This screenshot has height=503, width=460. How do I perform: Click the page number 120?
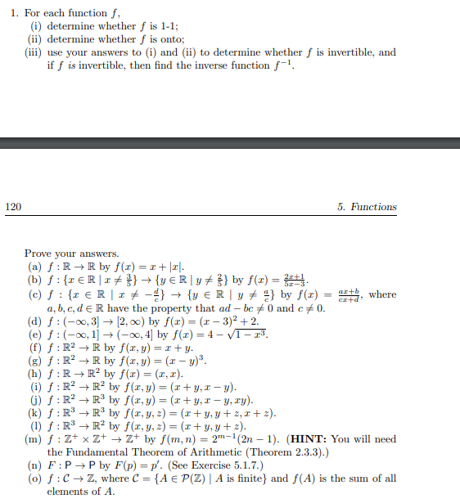pos(13,207)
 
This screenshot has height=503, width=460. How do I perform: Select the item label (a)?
pos(34,267)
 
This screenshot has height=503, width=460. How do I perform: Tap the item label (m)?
pos(35,439)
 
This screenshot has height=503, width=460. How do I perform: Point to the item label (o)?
pos(34,479)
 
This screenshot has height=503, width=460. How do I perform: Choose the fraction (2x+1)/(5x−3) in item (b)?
pos(293,280)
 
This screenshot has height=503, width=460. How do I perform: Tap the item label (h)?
pos(34,374)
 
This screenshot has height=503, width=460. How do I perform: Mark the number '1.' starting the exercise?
pos(15,13)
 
